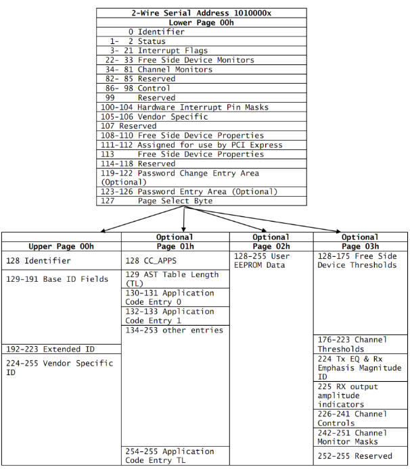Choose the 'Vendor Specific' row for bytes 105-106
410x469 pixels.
[163, 117]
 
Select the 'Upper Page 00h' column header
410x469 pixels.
[61, 247]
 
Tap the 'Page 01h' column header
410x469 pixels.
[175, 247]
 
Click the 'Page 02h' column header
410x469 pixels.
[271, 247]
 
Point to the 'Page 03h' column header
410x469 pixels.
[360, 247]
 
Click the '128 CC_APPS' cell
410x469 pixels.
[151, 260]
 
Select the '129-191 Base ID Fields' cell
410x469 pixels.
[57, 279]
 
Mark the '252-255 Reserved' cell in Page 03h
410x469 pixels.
[355, 456]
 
